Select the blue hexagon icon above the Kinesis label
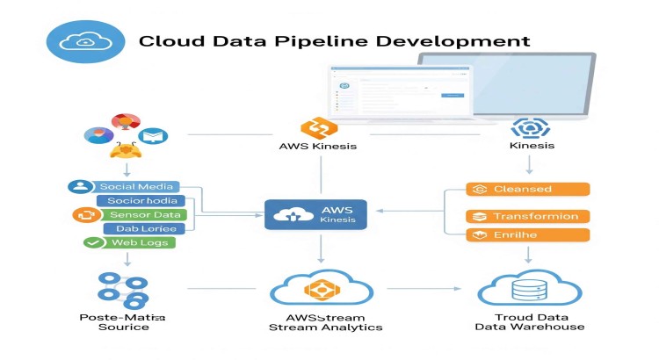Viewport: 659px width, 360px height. tap(530, 128)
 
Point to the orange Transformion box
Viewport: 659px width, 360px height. tap(527, 216)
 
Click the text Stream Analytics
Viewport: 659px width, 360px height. tap(325, 327)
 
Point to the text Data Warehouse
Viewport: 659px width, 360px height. tap(529, 327)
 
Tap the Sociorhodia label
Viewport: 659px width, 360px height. tap(142, 200)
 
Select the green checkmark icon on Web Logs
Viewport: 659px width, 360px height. tap(92, 242)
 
